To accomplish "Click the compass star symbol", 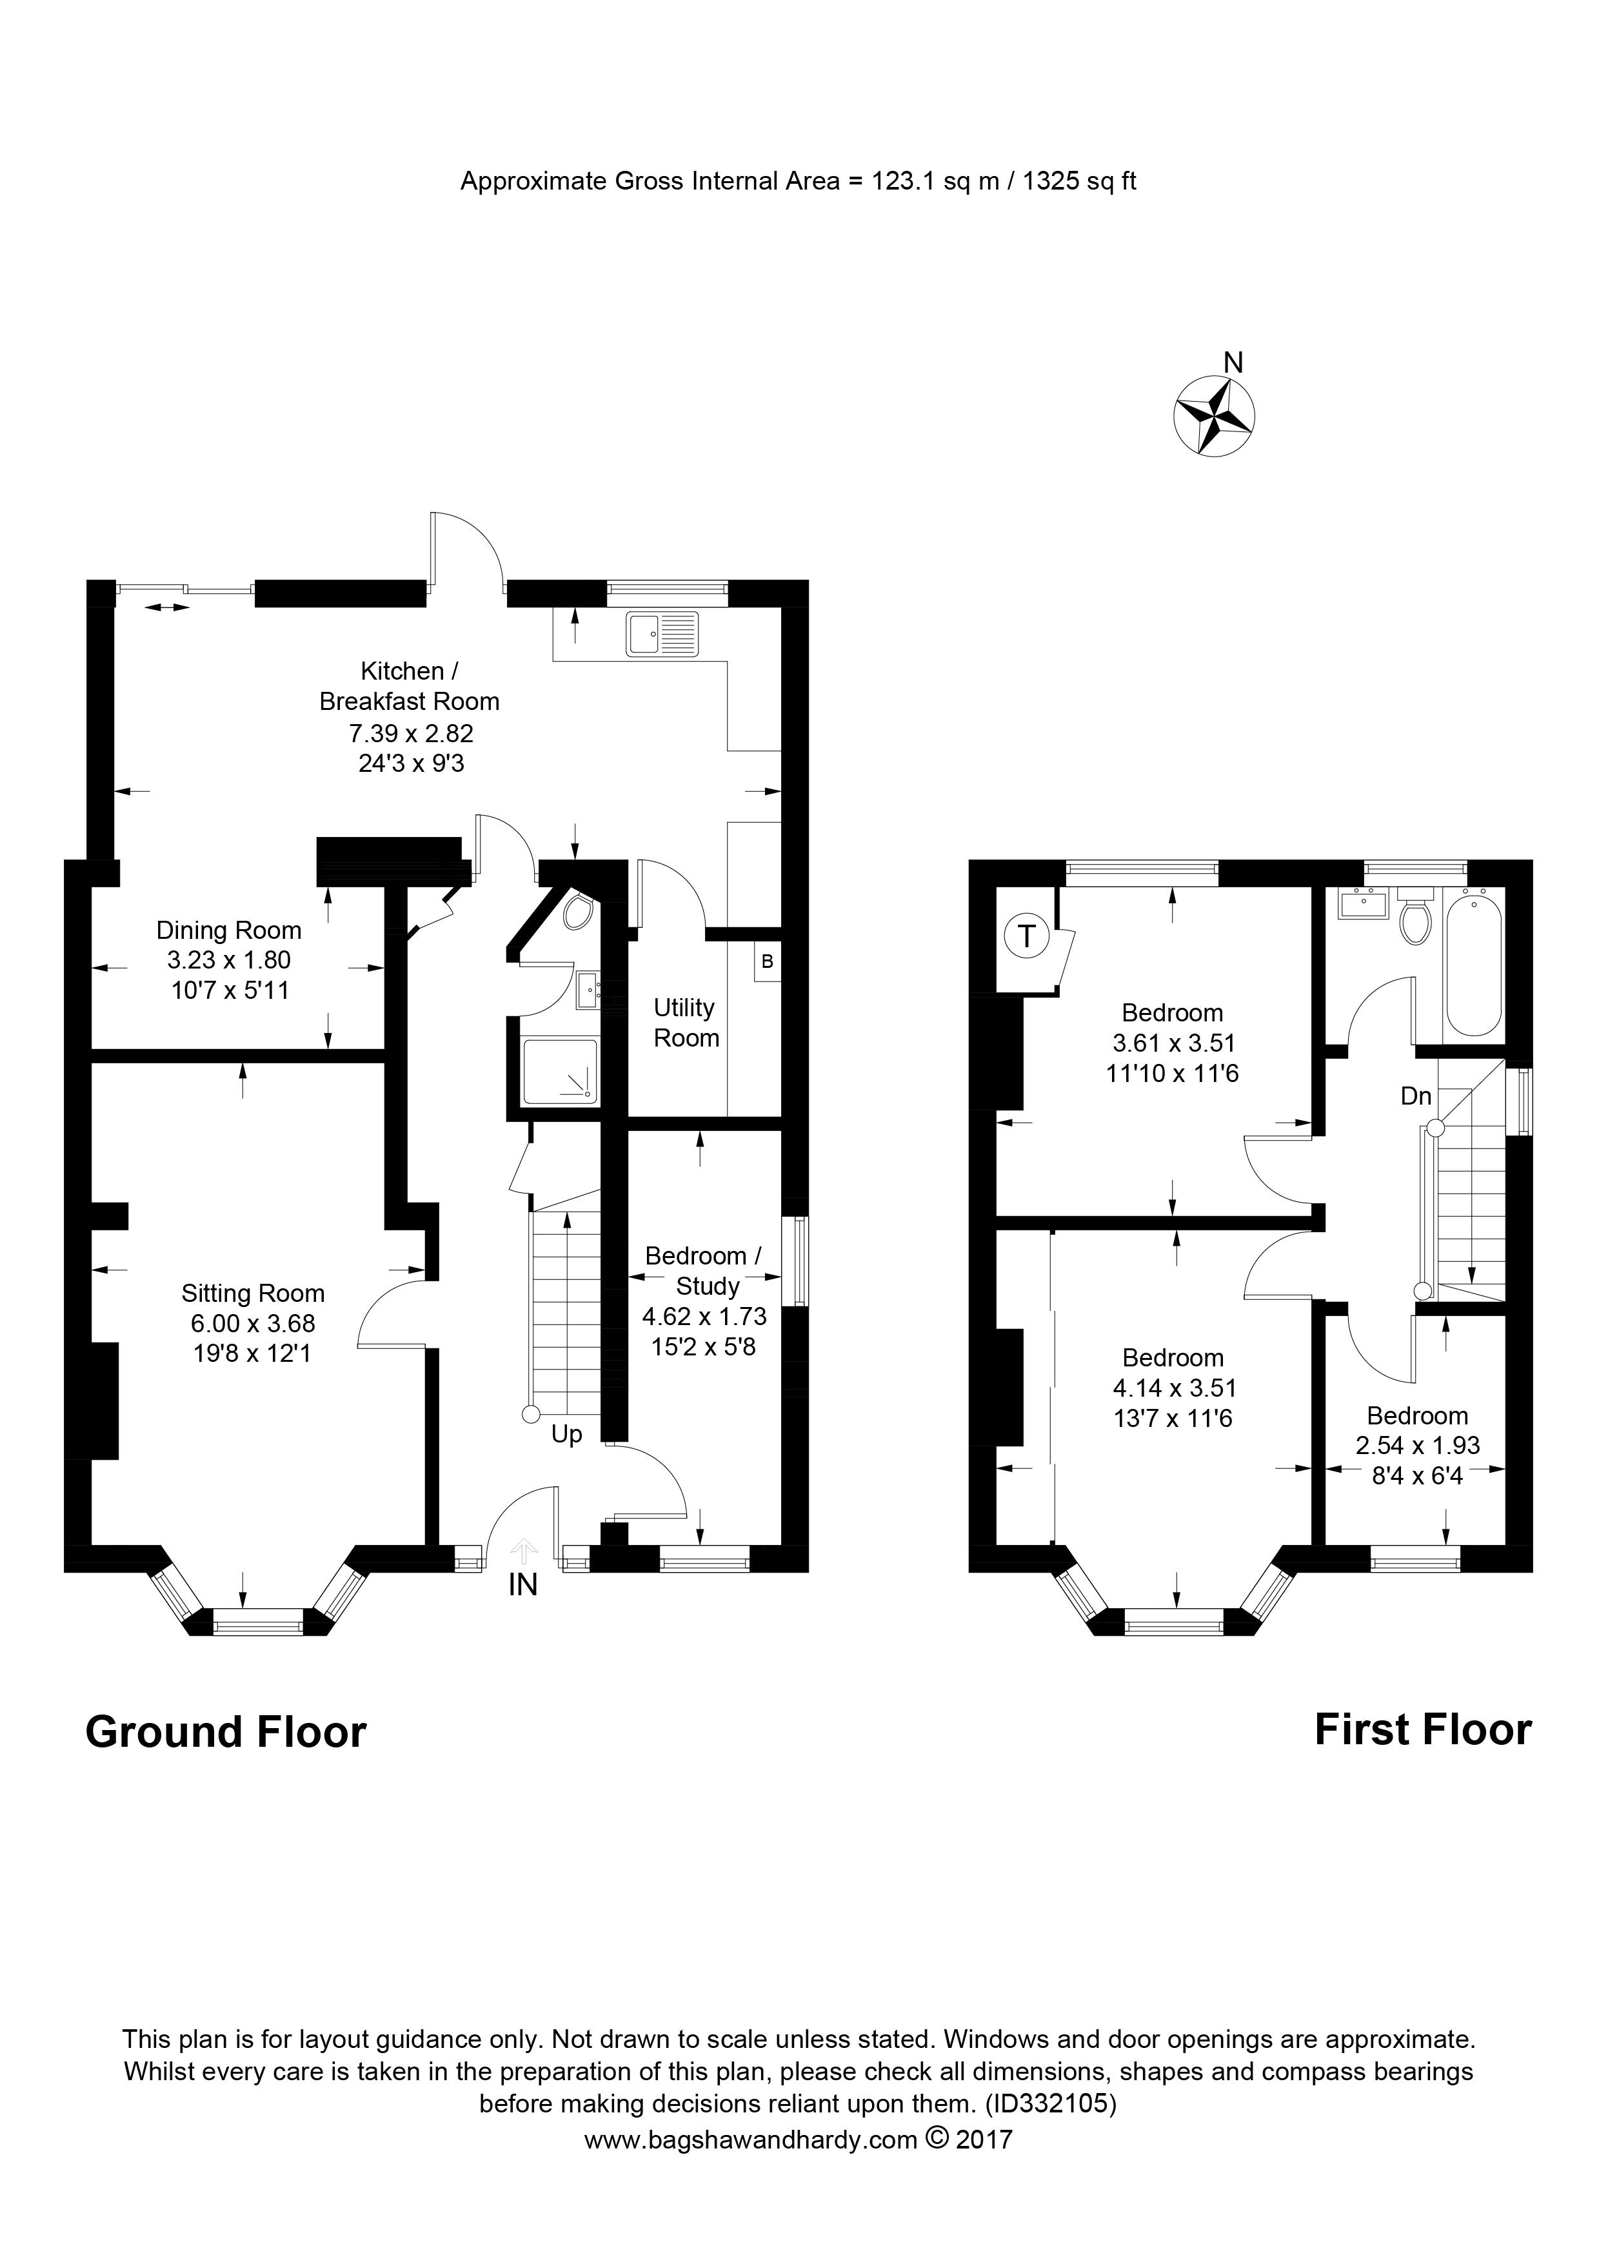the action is [1214, 417].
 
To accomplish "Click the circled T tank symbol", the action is [1027, 935].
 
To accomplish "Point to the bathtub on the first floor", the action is [1474, 961].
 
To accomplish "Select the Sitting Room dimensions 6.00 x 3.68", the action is [254, 1324].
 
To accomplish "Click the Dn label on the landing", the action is [1416, 1096].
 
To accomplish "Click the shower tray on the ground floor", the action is [560, 1071].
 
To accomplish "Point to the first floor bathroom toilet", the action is [1416, 917].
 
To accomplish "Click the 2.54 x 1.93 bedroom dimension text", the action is [1418, 1446].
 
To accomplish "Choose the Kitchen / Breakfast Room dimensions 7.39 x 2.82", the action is [411, 733].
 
